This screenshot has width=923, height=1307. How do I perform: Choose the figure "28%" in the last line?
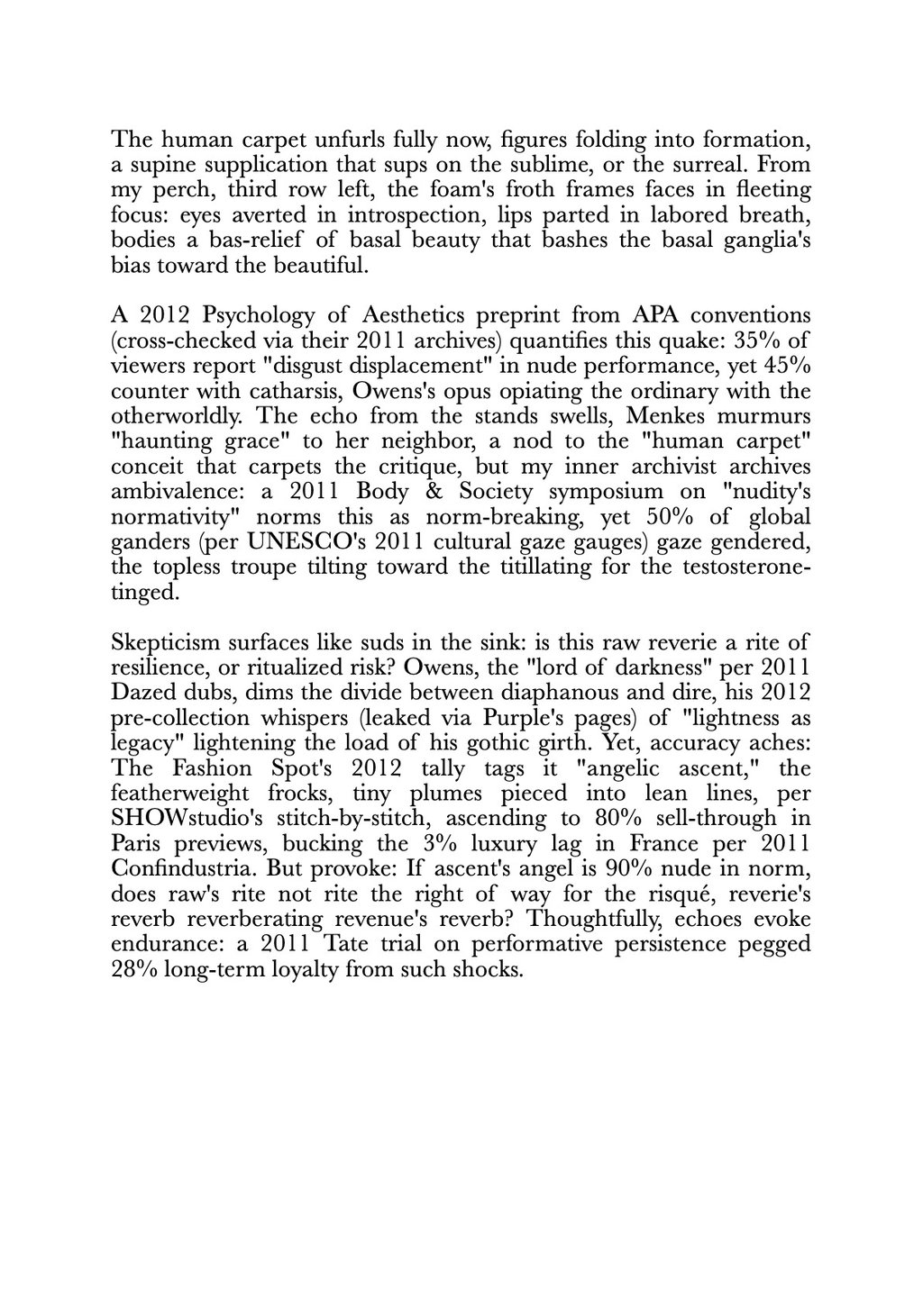click(135, 996)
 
